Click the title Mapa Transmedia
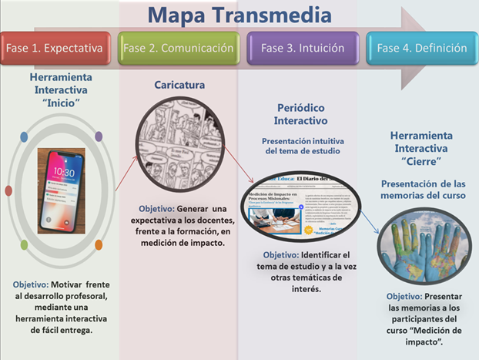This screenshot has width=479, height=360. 239,15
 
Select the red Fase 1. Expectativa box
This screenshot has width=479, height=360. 55,48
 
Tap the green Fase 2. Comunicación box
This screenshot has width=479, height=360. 177,48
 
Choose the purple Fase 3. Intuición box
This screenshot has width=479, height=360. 299,48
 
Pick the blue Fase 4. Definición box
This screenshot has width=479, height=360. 421,48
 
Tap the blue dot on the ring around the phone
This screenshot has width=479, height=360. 24,137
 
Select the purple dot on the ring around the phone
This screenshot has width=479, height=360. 99,137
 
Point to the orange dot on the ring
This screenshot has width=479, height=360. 99,244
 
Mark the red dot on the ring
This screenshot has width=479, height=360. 8,190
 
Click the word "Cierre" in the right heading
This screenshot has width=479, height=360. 422,162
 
